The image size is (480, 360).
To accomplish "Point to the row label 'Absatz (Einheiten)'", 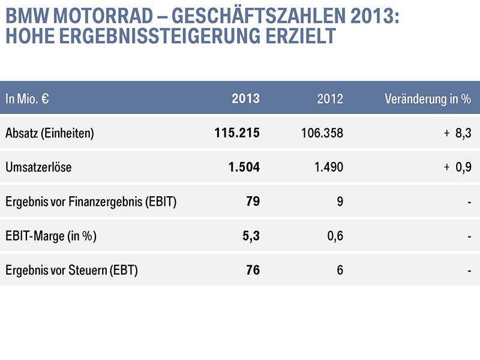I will tap(49, 133).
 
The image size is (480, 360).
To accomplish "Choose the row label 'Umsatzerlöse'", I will tap(38, 167).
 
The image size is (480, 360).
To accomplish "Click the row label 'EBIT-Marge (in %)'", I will tap(51, 236).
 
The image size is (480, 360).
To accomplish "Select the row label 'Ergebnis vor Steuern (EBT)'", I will tap(71, 271).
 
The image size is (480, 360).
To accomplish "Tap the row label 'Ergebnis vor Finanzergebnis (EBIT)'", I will tap(91, 202).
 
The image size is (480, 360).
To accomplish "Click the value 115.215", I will tap(237, 133).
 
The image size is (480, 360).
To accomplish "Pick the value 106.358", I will tap(322, 133).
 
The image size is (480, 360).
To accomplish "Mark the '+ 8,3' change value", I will tap(458, 133).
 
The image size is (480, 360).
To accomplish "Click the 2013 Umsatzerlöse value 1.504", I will tap(244, 167).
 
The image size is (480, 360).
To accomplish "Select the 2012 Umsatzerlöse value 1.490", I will tap(328, 167).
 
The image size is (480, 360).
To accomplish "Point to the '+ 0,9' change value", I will tap(458, 167).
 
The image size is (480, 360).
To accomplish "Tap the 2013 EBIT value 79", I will tap(253, 202).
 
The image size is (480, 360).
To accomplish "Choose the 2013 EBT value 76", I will tap(253, 271).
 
